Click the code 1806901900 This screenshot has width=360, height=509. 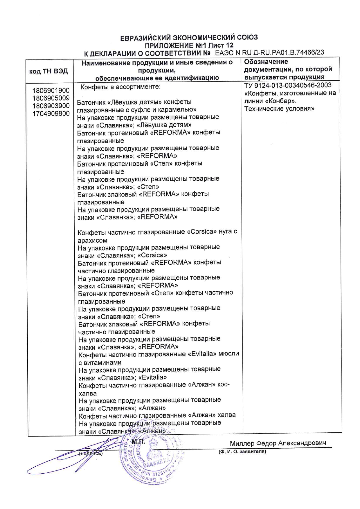click(51, 91)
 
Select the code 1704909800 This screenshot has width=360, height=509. click(51, 113)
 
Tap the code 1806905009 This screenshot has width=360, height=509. click(51, 98)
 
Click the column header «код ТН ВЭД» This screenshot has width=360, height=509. click(48, 71)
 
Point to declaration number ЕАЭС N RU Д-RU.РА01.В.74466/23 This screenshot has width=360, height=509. click(270, 53)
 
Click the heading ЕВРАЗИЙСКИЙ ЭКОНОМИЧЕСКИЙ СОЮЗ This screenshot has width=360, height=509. click(189, 37)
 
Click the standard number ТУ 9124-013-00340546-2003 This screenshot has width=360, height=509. click(288, 85)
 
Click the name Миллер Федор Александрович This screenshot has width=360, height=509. click(278, 443)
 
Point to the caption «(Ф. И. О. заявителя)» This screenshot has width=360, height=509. click(242, 452)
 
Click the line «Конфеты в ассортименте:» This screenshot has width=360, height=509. click(120, 87)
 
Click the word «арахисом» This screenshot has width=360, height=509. click(92, 240)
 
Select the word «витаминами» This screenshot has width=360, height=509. click(102, 362)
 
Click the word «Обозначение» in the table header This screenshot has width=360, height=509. click(266, 62)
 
